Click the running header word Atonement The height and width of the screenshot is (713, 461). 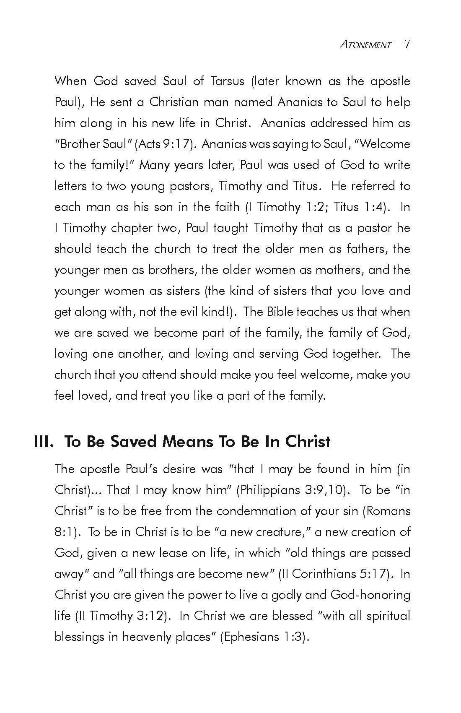tap(365, 45)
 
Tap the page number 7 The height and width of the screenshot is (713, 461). tap(406, 44)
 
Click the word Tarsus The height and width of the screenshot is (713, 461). tap(226, 81)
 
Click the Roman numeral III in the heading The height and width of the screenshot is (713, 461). tap(44, 442)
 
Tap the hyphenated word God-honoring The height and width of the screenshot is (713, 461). tap(370, 595)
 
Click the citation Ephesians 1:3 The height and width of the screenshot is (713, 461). tap(264, 637)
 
